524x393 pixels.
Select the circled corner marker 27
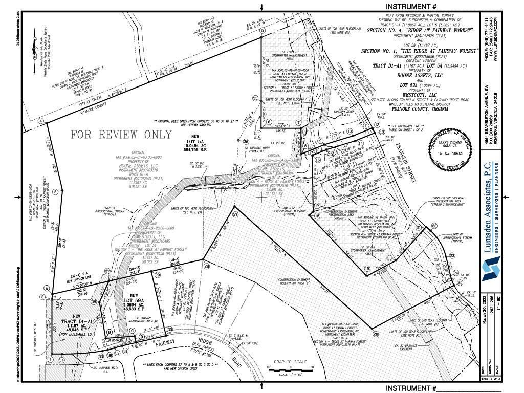tap(235, 215)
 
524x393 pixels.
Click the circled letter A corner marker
tap(47, 288)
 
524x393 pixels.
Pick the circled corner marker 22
tap(434, 226)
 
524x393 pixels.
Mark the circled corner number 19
tap(367, 268)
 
